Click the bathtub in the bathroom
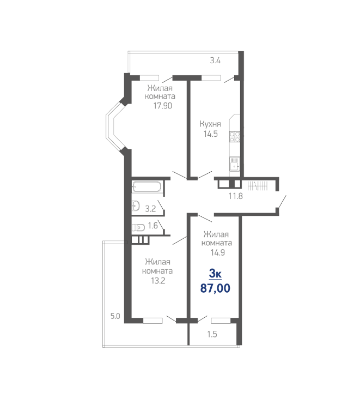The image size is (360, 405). (x=147, y=187)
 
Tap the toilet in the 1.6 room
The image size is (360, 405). (x=138, y=227)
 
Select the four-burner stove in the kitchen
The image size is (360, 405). (x=235, y=137)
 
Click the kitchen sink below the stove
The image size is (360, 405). (x=235, y=164)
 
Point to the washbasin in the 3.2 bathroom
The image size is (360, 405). (x=136, y=206)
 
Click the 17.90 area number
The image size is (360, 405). (x=163, y=106)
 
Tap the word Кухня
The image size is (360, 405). (x=210, y=124)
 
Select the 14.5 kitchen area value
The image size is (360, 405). (x=211, y=134)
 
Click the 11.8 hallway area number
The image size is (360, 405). (x=236, y=196)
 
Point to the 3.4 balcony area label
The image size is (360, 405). (x=215, y=61)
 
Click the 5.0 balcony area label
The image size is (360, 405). (x=115, y=316)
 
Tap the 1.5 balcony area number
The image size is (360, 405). (x=212, y=334)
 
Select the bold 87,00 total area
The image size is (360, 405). (x=215, y=288)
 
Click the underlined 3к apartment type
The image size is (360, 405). (x=215, y=274)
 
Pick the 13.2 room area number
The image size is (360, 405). (x=158, y=281)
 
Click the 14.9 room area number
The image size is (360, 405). (x=217, y=252)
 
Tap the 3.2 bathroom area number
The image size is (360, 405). (x=151, y=209)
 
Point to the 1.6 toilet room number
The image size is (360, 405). (x=153, y=226)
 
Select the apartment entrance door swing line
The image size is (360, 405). (x=282, y=202)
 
